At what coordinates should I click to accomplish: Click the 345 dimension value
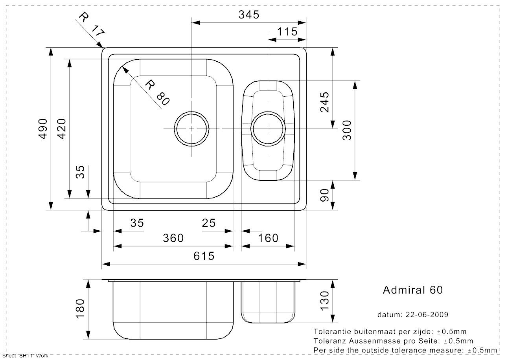tap(249, 15)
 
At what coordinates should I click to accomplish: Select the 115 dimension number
tap(287, 32)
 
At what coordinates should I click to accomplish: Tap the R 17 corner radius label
tap(92, 24)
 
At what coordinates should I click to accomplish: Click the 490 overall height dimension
tap(43, 129)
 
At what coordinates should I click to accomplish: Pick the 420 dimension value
tap(62, 129)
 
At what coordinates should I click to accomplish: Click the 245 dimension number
tap(325, 102)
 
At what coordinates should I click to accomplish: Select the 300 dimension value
tap(347, 130)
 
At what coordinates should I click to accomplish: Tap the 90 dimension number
tap(325, 195)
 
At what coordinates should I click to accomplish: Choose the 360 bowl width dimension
tap(173, 238)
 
